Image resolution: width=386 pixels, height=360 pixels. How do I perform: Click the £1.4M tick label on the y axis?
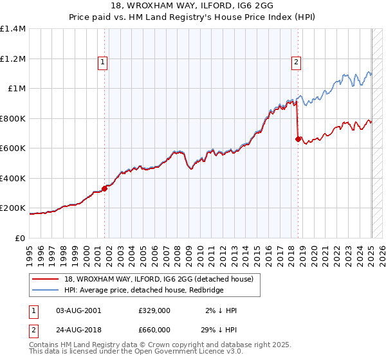(13, 29)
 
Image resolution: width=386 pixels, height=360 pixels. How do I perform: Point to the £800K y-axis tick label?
(13, 118)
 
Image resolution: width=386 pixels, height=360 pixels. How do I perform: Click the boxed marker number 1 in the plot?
(103, 62)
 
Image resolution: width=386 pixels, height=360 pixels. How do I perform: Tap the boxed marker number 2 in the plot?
(295, 62)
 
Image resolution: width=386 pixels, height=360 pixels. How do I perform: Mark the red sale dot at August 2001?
(104, 188)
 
